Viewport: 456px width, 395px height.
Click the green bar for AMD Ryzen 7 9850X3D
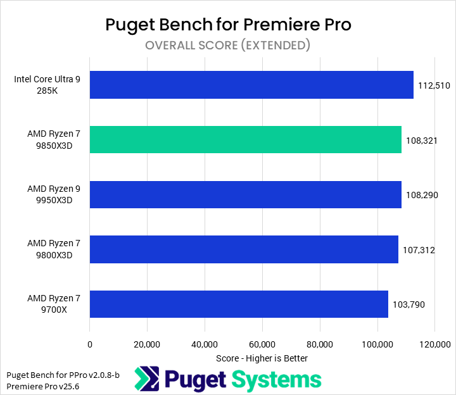tap(245, 139)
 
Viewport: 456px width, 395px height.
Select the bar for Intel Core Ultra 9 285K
tap(251, 85)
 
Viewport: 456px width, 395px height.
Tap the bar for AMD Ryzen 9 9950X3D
tap(245, 194)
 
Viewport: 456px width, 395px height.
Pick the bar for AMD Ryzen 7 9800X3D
tap(244, 249)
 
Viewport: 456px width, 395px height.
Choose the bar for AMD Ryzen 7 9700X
tap(239, 304)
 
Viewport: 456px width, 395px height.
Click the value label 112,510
tap(434, 85)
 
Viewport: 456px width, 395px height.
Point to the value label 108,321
tap(422, 140)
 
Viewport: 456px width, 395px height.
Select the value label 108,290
tap(422, 195)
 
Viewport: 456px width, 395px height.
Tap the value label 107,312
tap(419, 250)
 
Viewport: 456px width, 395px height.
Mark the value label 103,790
tap(408, 304)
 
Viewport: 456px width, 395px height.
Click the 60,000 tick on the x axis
tap(262, 344)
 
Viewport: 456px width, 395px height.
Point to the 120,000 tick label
tap(434, 344)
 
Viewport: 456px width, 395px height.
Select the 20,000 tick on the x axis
tap(147, 344)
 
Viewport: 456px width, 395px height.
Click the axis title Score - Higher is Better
tap(262, 358)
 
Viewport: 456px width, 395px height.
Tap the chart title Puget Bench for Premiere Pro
tap(228, 25)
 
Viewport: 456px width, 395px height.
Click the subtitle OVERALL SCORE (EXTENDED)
tap(227, 45)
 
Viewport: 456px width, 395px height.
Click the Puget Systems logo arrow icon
tap(146, 379)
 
